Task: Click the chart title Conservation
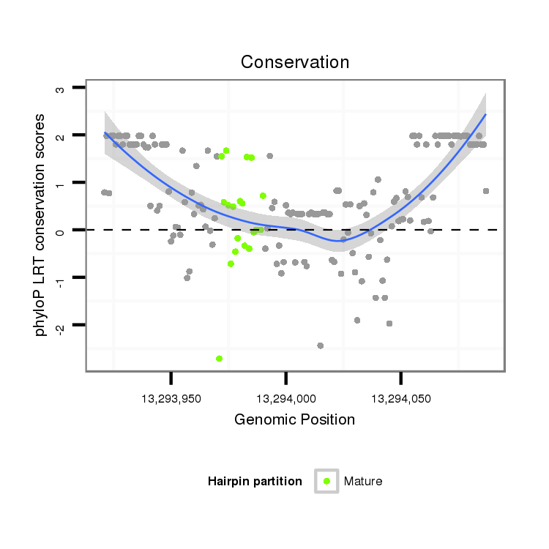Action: click(x=295, y=62)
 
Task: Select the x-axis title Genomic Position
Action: click(x=294, y=419)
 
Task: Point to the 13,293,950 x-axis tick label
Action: click(x=171, y=399)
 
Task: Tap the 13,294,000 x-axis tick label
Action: click(x=285, y=399)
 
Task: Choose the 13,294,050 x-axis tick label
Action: click(x=400, y=399)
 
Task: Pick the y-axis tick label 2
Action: click(x=61, y=136)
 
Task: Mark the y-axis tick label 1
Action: click(x=61, y=183)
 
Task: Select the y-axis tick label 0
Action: click(x=61, y=231)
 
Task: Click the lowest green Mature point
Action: click(x=220, y=359)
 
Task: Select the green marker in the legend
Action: click(x=326, y=481)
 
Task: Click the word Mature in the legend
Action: click(x=363, y=482)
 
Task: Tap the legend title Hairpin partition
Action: click(x=255, y=482)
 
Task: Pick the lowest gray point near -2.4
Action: click(x=321, y=346)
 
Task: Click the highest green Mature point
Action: click(x=226, y=151)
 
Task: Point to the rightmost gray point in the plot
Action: click(x=486, y=191)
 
